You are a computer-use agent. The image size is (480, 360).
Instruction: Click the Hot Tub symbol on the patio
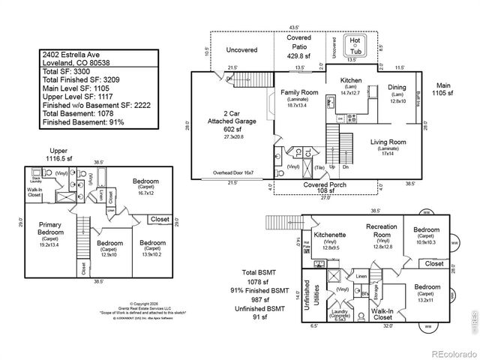click(352, 45)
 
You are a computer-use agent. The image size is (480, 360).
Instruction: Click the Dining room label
click(397, 92)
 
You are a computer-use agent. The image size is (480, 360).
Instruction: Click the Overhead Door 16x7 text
click(232, 172)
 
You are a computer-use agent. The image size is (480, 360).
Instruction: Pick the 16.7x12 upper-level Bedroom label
click(145, 185)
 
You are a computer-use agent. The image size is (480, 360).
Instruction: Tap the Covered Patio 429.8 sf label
click(298, 46)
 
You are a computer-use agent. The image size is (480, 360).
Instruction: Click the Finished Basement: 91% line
click(83, 121)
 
